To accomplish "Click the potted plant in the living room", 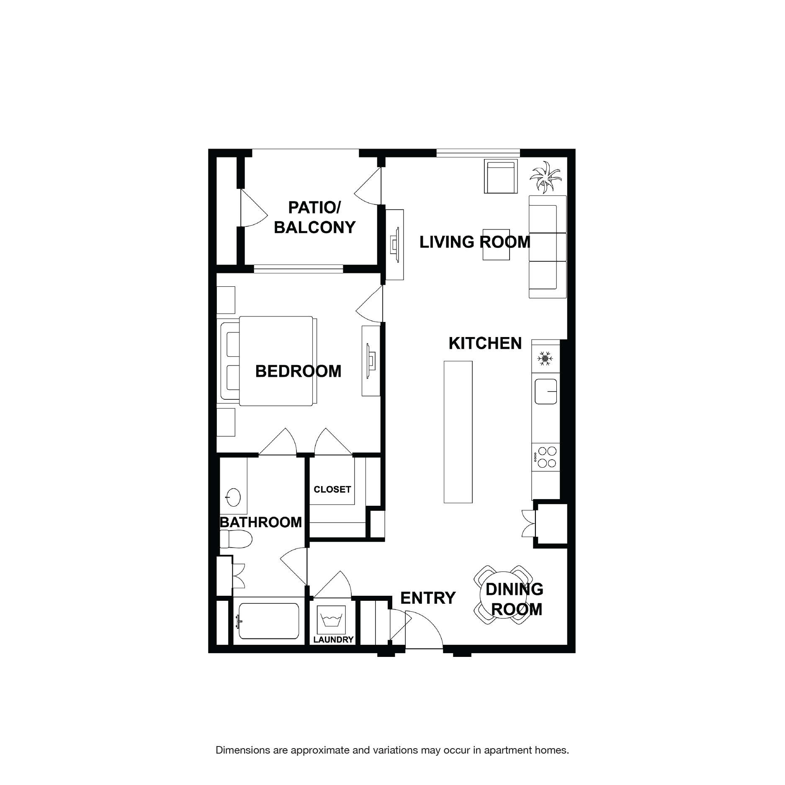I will click(x=544, y=177).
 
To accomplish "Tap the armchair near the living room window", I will click(x=500, y=177).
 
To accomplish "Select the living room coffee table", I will click(x=497, y=245).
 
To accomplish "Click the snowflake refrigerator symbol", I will click(x=545, y=358).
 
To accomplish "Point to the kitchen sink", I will click(x=546, y=391).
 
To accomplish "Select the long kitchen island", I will click(x=458, y=432).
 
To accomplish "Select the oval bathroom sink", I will click(x=233, y=497).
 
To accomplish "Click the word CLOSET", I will click(x=332, y=489).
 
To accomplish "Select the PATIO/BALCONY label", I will click(x=314, y=217).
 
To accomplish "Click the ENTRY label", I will click(x=427, y=598).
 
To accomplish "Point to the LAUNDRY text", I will click(x=333, y=640).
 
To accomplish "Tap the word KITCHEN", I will click(x=485, y=343).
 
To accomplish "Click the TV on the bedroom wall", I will click(x=371, y=361).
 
